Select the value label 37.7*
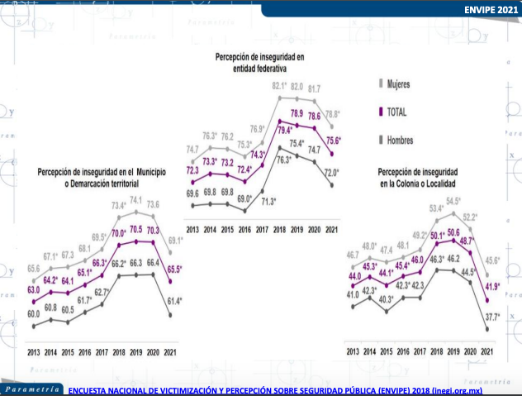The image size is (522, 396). [x=492, y=317]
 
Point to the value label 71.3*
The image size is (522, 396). [x=268, y=201]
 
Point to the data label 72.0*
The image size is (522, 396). [x=331, y=171]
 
